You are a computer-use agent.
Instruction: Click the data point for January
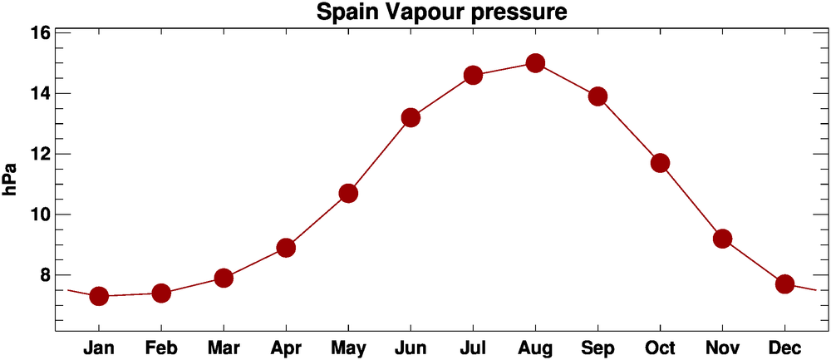click(x=99, y=296)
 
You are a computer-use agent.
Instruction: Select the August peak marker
click(x=535, y=63)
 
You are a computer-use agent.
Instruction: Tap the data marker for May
click(x=348, y=194)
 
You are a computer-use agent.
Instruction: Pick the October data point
click(x=660, y=163)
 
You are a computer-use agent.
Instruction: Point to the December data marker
click(x=784, y=284)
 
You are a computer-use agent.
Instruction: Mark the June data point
click(x=411, y=117)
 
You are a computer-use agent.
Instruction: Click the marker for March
click(x=224, y=278)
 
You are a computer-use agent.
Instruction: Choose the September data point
click(x=597, y=96)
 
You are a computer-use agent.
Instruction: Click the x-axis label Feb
click(x=161, y=348)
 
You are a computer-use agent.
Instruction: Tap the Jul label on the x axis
click(x=473, y=348)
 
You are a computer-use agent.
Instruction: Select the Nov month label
click(x=722, y=348)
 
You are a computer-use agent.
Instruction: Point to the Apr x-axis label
click(x=286, y=348)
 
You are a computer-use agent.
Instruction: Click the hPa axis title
click(x=11, y=180)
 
